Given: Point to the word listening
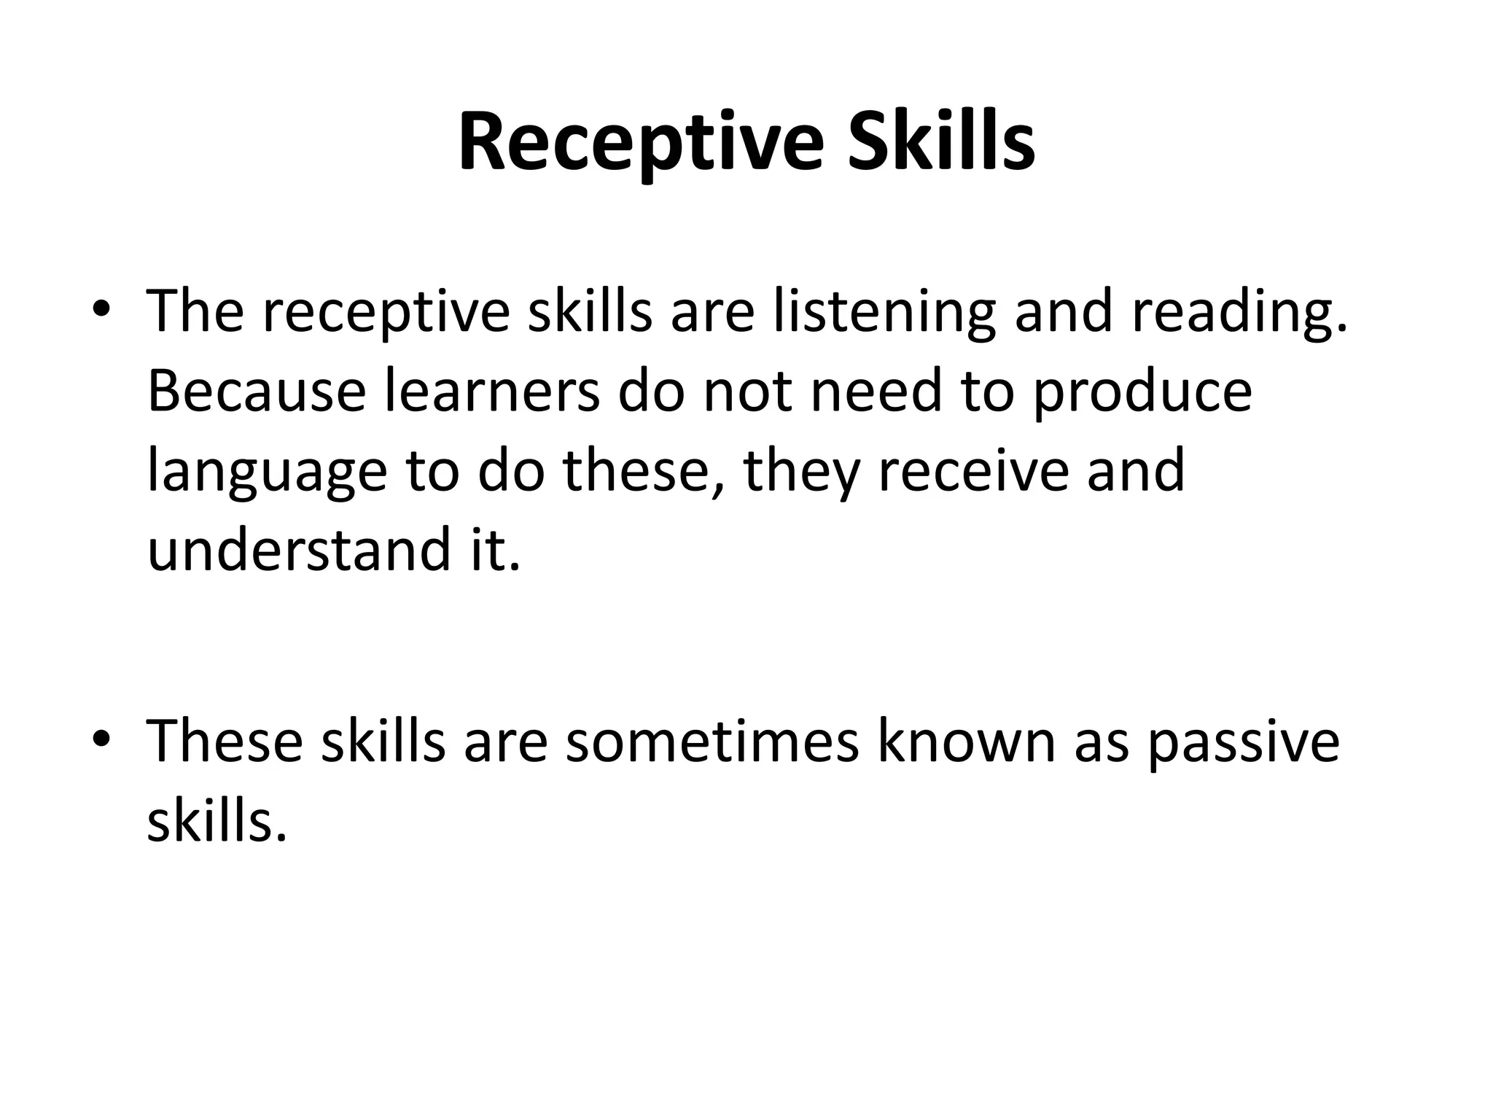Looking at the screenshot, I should [884, 312].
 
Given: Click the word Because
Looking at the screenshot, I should [257, 391].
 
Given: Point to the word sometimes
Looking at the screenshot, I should [712, 742].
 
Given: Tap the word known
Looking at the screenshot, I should [966, 742].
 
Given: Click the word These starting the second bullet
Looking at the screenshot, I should [225, 742].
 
